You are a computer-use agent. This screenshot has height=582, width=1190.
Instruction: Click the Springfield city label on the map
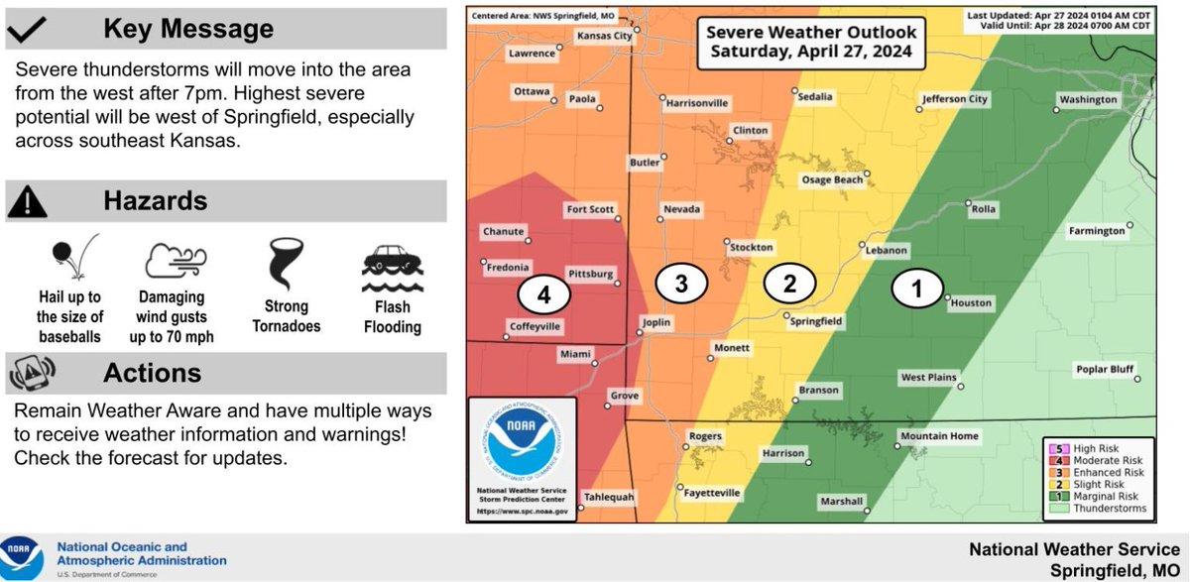click(816, 321)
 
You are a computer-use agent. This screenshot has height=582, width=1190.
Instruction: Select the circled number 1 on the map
click(916, 289)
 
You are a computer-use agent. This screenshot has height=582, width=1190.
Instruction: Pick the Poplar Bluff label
click(1104, 370)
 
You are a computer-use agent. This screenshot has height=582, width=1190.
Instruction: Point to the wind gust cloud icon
click(175, 260)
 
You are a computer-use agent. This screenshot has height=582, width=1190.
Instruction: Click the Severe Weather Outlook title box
click(811, 42)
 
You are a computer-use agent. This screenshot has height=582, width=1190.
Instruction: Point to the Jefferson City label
click(955, 99)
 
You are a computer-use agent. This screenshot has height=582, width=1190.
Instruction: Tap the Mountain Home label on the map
click(938, 436)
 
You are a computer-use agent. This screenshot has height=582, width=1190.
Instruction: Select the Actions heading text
click(153, 373)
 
